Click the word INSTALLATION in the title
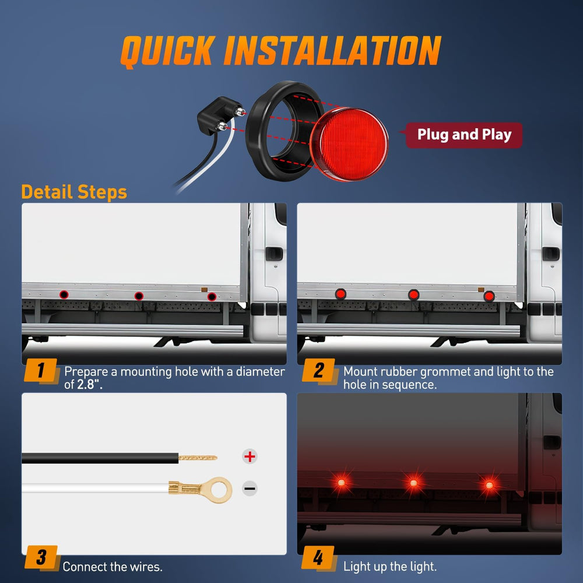point(332,51)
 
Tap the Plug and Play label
point(464,135)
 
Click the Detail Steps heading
point(74,192)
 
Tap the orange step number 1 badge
point(41,370)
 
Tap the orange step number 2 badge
point(318,370)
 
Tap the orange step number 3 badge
point(41,557)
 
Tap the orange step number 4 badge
point(318,557)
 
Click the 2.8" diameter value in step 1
point(89,385)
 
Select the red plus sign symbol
point(250,456)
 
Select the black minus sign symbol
point(250,489)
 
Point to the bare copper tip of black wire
point(198,458)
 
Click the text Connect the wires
point(113,566)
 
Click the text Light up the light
point(389,566)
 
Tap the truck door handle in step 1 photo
point(274,254)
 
